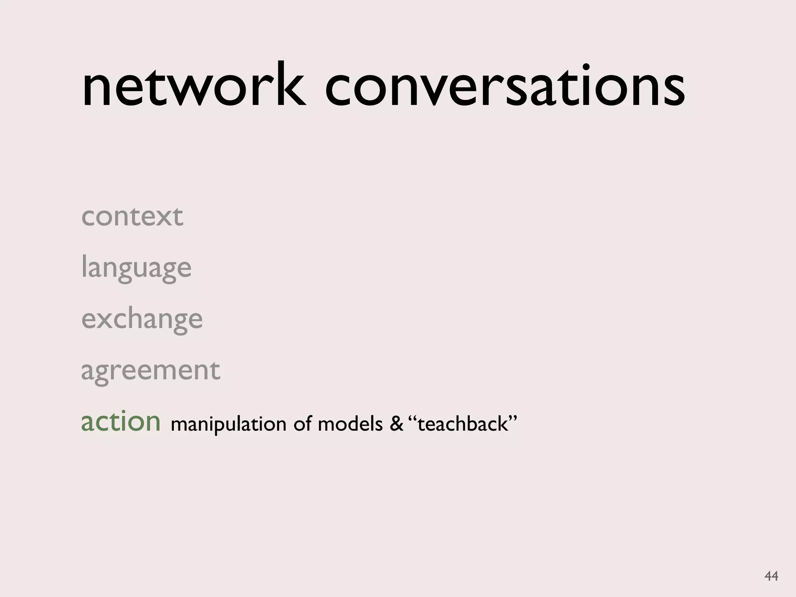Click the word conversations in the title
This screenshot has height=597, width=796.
[504, 88]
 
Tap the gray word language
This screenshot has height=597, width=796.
[136, 268]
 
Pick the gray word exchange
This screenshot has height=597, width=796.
[142, 319]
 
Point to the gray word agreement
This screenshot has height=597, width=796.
[150, 371]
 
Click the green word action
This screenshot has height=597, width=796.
[120, 422]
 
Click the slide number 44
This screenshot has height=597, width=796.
[771, 576]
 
